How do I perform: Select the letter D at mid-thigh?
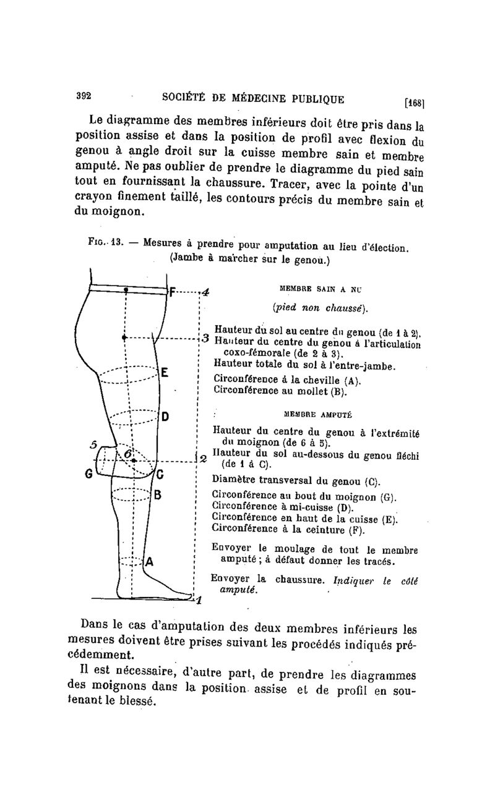165,415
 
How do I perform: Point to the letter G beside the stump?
88,475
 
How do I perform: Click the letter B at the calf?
158,494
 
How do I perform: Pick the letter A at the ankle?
150,562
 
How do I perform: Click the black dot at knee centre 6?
134,460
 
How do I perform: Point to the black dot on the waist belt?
126,289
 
